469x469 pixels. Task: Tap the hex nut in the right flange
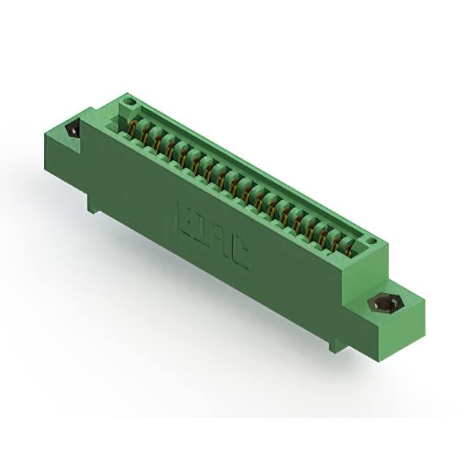point(382,303)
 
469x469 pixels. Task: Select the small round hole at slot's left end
point(130,98)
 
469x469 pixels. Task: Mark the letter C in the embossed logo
point(239,260)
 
